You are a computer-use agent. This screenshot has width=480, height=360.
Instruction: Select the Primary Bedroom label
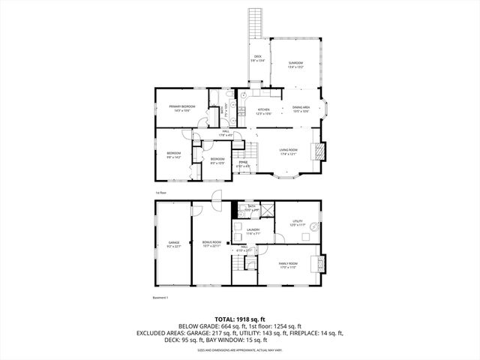pyautogui.click(x=181, y=107)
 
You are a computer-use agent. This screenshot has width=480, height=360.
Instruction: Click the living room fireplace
pyautogui.click(x=321, y=151)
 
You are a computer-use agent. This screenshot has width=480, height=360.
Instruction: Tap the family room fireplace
pyautogui.click(x=323, y=264)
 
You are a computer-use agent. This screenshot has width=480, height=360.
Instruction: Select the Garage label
pyautogui.click(x=173, y=243)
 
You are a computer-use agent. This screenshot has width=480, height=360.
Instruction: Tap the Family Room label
pyautogui.click(x=289, y=263)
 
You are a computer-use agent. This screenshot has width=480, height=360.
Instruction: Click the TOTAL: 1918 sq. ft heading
pyautogui.click(x=240, y=319)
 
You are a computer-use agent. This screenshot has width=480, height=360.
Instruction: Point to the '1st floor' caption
pyautogui.click(x=160, y=193)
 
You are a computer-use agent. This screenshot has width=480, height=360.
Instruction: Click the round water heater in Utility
pyautogui.click(x=314, y=226)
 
